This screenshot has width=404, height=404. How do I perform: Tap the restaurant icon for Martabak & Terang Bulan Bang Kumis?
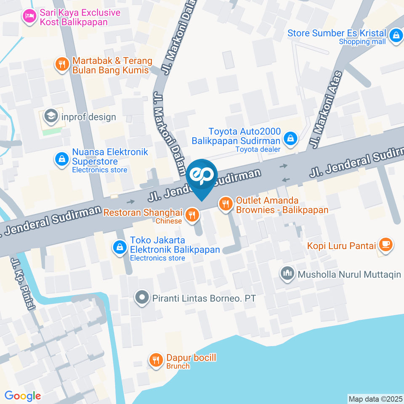pyautogui.click(x=62, y=64)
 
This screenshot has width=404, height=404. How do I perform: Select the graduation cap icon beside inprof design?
pyautogui.click(x=51, y=116)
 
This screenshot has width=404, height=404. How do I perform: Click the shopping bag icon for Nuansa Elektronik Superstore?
pyautogui.click(x=62, y=159)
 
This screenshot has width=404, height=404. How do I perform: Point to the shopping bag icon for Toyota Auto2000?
pyautogui.click(x=290, y=138)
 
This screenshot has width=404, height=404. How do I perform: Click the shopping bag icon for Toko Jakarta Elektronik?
pyautogui.click(x=120, y=247)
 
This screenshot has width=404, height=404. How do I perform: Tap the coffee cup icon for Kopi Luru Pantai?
pyautogui.click(x=385, y=244)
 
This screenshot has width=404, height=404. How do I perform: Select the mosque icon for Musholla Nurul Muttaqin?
pyautogui.click(x=288, y=274)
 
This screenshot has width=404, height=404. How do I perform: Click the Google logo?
pyautogui.click(x=23, y=396)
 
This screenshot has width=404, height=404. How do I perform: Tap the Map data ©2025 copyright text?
pyautogui.click(x=375, y=399)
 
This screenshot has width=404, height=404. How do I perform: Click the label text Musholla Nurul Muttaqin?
pyautogui.click(x=349, y=275)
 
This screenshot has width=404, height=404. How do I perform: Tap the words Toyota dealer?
pyautogui.click(x=258, y=149)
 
